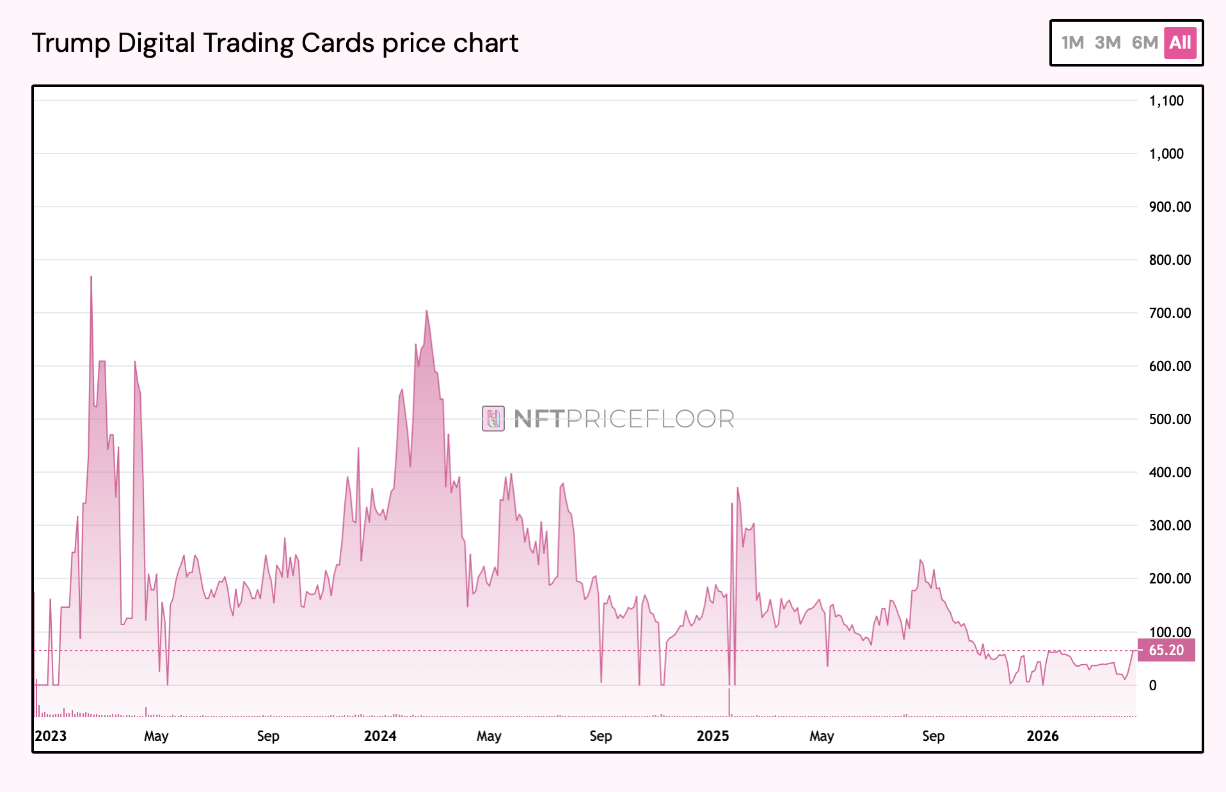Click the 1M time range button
coord(1072,43)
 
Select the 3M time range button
coord(1108,43)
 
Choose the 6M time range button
coord(1145,43)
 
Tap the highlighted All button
coord(1180,43)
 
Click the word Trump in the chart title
coord(71,44)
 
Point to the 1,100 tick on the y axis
coord(1166,100)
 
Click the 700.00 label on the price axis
coord(1170,313)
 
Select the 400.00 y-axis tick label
coord(1170,472)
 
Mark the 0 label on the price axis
coord(1153,685)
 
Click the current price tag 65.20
coord(1166,650)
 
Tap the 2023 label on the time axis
coord(51,736)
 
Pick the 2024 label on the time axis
coord(380,736)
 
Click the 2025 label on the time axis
coord(713,736)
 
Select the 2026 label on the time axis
coord(1042,736)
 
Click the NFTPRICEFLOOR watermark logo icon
coord(493,419)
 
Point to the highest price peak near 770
coord(92,277)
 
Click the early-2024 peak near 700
coord(427,312)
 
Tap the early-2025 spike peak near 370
coord(737,488)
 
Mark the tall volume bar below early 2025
coord(729,702)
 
